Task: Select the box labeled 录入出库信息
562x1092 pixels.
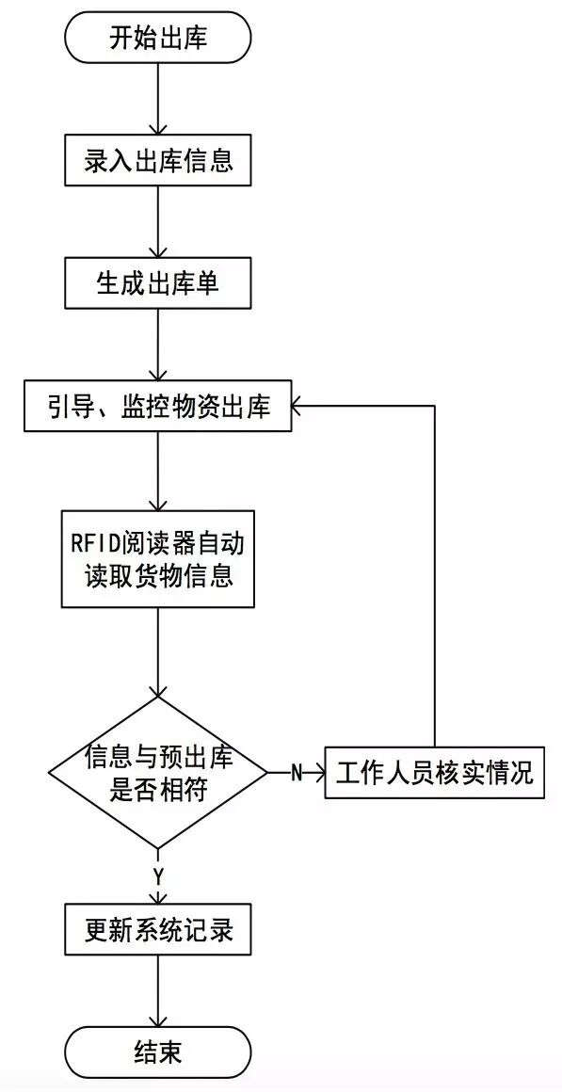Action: pos(157,160)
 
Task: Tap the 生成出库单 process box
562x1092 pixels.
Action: pos(157,283)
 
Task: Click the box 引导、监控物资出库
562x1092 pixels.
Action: pos(157,407)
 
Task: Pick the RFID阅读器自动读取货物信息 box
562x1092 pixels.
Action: pos(157,559)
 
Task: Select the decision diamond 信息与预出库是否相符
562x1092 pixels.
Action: pos(157,772)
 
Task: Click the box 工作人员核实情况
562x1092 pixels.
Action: pos(434,773)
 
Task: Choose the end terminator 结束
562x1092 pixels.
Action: pos(157,1052)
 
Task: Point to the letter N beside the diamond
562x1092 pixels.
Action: pos(296,773)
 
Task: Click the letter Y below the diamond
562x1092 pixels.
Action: pos(158,875)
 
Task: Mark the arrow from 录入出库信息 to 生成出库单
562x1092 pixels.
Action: pos(157,222)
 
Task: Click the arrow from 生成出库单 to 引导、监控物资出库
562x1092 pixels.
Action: pos(157,345)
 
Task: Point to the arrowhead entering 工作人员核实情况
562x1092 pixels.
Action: pos(318,773)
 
